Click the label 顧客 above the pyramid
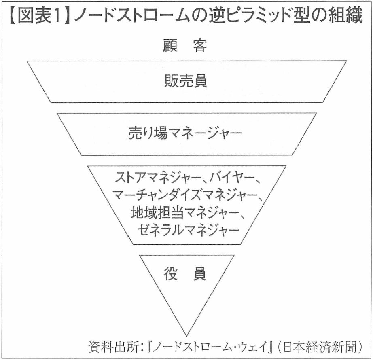tap(186, 46)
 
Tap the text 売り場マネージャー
tap(186, 133)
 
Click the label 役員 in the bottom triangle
tap(185, 275)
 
